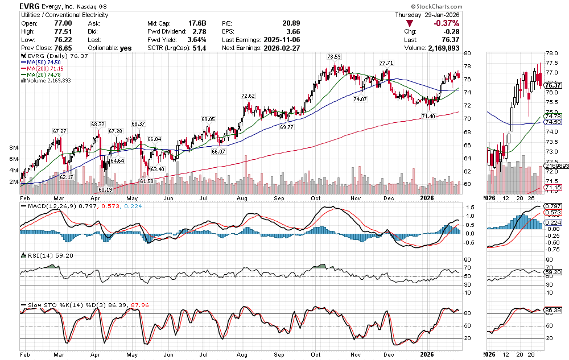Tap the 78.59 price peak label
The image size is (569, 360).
[x=333, y=57]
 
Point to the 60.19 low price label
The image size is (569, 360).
[x=106, y=189]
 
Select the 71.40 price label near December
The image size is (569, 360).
[x=428, y=116]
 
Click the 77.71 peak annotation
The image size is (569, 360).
[x=386, y=62]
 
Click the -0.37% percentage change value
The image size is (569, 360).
[x=446, y=23]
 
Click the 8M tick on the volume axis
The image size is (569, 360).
[x=14, y=147]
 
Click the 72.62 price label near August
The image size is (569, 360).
[x=248, y=96]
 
